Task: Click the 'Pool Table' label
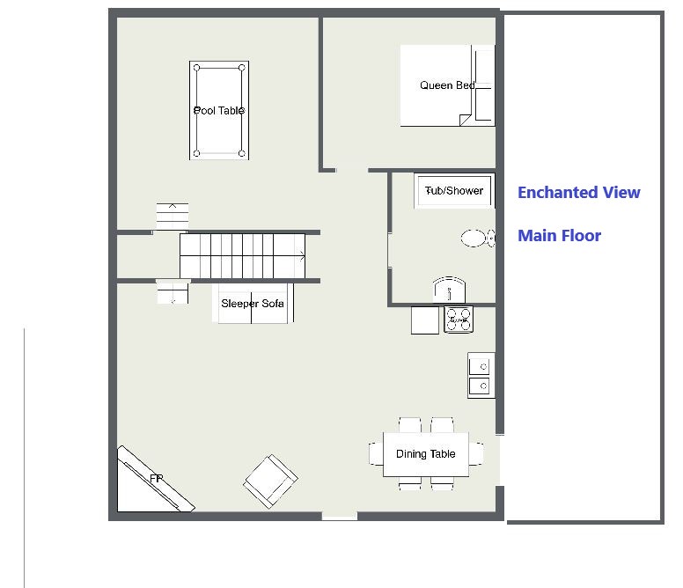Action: tap(218, 111)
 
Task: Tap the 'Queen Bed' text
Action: tap(447, 85)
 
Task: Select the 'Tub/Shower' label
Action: tap(454, 191)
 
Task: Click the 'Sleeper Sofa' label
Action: tap(253, 304)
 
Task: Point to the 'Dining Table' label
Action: tap(426, 454)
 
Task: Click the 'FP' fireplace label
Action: tap(156, 479)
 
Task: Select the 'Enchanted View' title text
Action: tap(579, 192)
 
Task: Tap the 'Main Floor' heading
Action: tap(559, 236)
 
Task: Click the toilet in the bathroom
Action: tap(478, 239)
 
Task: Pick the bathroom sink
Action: tap(449, 290)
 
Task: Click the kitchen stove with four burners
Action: tap(459, 320)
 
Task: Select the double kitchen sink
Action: tap(481, 376)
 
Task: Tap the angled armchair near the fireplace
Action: tap(270, 481)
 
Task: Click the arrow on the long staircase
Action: tap(302, 256)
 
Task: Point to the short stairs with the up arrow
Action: tap(173, 216)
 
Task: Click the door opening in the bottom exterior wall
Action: tap(340, 516)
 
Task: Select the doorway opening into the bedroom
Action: tap(352, 169)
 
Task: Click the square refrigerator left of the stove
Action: tap(425, 320)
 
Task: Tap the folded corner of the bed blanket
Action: tap(466, 120)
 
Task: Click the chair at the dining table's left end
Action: tap(376, 454)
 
